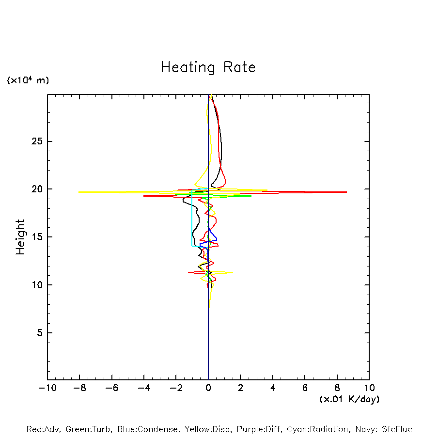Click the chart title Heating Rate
tap(208, 67)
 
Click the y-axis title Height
tap(20, 237)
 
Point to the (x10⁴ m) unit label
tap(28, 80)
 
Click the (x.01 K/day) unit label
tap(349, 399)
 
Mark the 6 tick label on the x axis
tap(305, 388)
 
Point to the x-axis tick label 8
tap(337, 388)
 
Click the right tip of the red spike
tap(346, 192)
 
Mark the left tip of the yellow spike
tap(79, 192)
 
